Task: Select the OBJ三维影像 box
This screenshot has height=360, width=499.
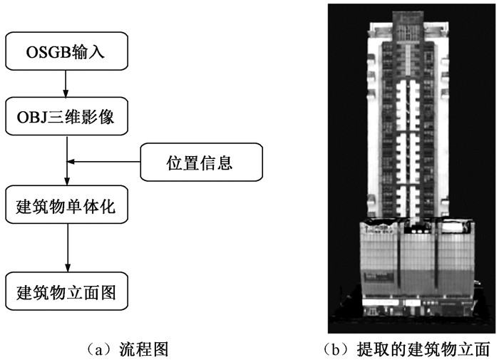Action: click(66, 115)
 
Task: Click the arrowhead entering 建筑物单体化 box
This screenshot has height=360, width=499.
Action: click(66, 181)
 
